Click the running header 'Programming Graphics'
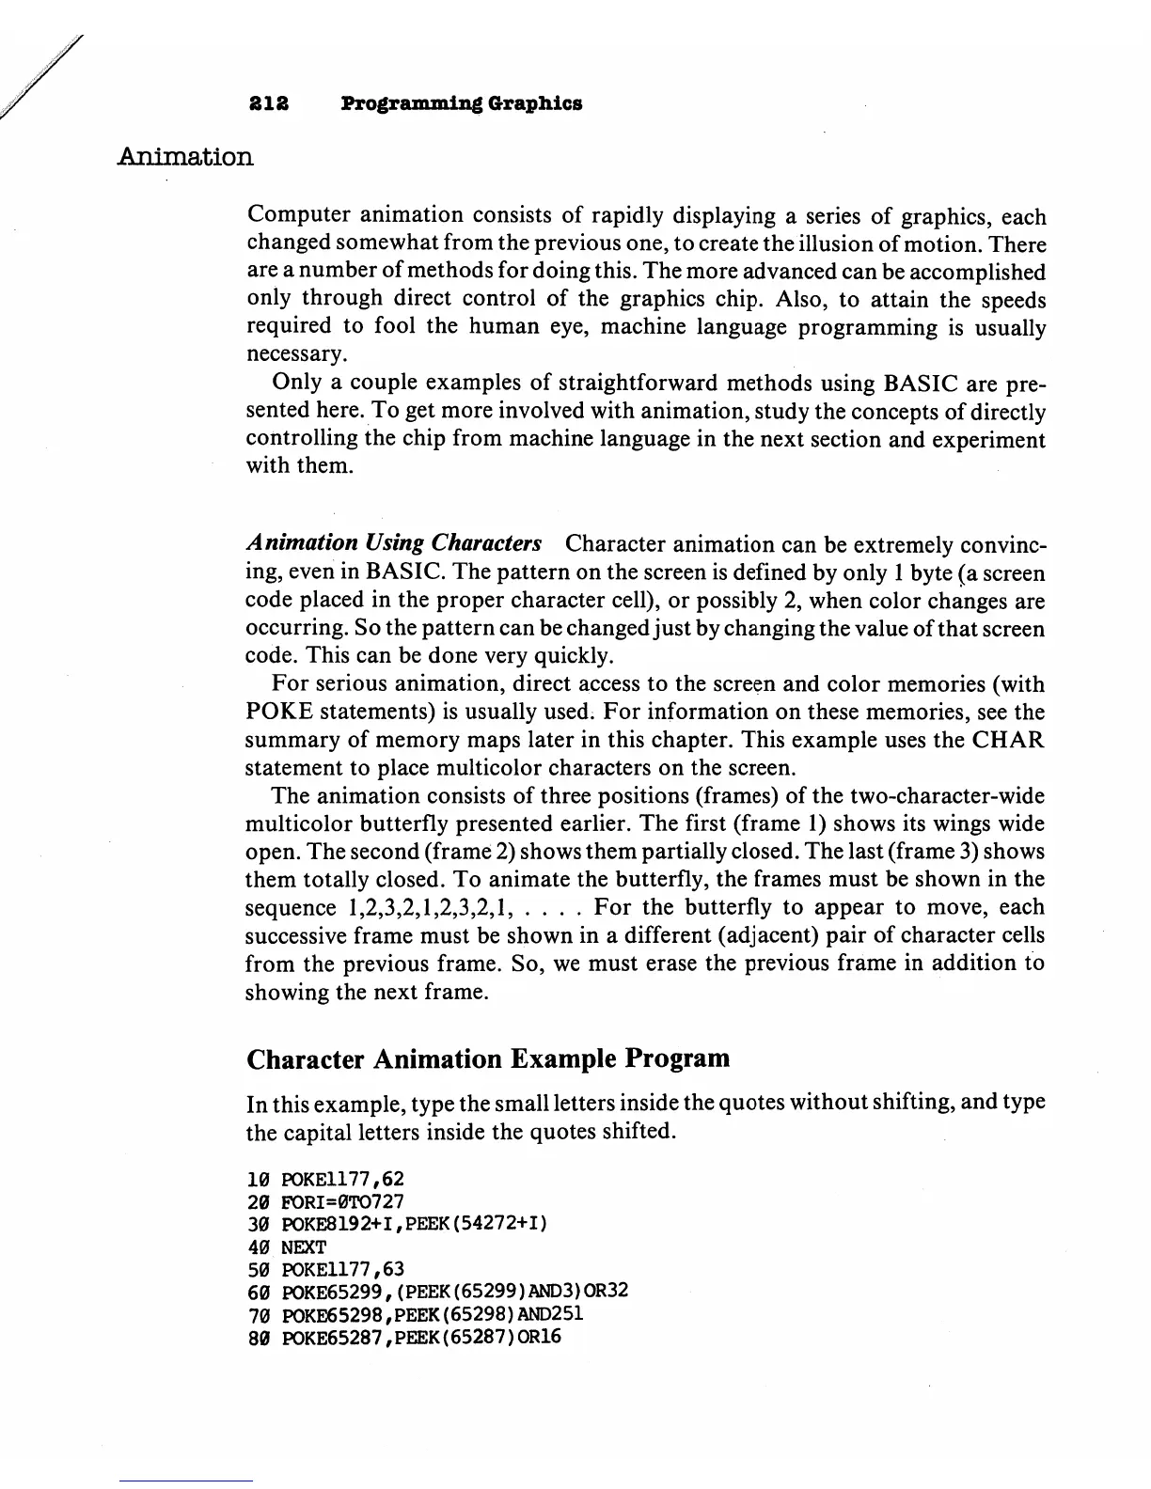(461, 103)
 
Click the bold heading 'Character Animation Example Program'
(487, 1059)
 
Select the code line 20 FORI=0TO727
(324, 1201)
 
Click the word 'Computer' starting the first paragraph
(294, 217)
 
